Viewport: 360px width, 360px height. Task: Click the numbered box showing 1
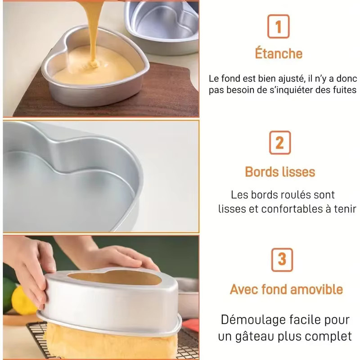[278, 27]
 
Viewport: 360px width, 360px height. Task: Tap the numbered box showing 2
[280, 143]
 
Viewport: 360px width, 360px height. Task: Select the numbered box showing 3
[282, 260]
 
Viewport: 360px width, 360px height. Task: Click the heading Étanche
[279, 53]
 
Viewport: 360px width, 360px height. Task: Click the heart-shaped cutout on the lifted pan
[115, 277]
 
